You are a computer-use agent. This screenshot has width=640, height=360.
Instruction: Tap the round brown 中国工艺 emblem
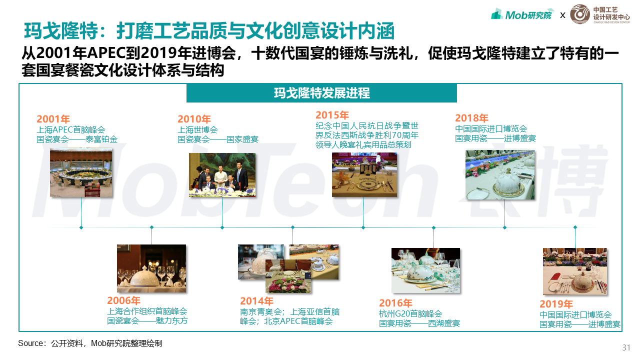580,14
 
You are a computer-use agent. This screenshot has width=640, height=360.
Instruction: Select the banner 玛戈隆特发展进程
321,93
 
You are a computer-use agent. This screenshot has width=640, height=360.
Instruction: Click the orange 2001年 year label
53,119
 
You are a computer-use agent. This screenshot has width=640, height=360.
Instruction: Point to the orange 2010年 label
194,119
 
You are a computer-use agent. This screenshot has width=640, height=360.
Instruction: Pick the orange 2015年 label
332,115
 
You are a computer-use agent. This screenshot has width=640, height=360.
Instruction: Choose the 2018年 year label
471,118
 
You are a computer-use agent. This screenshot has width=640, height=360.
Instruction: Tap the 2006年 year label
123,300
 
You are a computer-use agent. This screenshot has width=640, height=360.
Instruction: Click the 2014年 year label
256,301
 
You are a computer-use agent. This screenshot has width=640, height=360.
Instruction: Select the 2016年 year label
395,303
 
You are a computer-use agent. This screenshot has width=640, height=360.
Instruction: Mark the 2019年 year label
556,304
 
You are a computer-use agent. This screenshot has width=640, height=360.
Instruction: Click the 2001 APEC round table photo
81,172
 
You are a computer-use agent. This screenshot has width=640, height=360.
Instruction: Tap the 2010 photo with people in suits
222,175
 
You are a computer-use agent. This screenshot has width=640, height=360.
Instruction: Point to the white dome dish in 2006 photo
145,277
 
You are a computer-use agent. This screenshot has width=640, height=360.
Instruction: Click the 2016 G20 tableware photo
425,270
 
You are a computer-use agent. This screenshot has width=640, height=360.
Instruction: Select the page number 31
626,347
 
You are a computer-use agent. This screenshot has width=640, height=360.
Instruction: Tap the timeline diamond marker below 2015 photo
363,227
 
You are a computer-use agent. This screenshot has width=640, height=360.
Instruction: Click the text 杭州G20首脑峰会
410,313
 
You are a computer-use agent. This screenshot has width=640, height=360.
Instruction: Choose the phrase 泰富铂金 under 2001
101,139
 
